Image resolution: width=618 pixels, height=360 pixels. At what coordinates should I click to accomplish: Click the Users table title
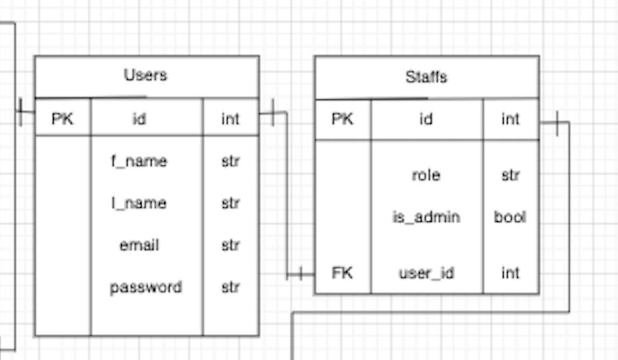click(x=146, y=75)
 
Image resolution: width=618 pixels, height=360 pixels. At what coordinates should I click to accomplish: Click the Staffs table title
click(x=426, y=77)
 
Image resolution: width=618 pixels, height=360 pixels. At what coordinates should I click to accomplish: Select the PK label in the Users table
click(x=62, y=119)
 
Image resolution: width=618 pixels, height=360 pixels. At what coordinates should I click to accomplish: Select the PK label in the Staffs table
click(x=342, y=120)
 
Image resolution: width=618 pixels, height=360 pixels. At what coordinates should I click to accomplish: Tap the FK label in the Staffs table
click(x=342, y=273)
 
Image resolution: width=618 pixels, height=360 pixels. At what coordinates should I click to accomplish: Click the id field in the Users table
click(x=140, y=119)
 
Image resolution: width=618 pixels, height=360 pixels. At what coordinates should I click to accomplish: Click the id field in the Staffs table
click(x=426, y=120)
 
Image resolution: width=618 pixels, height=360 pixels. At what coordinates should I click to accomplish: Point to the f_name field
click(x=140, y=161)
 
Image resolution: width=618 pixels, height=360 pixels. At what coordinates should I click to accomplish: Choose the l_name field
click(x=140, y=203)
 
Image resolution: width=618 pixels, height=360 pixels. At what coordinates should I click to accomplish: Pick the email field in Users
click(x=140, y=245)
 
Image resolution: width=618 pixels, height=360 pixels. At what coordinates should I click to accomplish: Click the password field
click(x=146, y=288)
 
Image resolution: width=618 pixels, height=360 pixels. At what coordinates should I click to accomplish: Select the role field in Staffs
click(x=426, y=175)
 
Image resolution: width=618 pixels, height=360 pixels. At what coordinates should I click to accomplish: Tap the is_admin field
click(x=426, y=217)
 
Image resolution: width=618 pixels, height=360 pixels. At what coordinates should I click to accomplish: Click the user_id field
click(x=426, y=273)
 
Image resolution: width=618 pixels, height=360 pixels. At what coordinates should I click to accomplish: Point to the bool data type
click(x=510, y=217)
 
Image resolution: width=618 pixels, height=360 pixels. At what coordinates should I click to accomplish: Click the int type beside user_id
click(x=510, y=273)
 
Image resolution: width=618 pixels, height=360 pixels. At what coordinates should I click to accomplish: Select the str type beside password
click(x=230, y=288)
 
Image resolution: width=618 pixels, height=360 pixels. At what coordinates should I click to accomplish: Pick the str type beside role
click(x=510, y=175)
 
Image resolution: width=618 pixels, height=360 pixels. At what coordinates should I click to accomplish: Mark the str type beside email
click(x=230, y=245)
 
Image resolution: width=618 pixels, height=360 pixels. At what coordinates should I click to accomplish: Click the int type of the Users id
click(x=230, y=119)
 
